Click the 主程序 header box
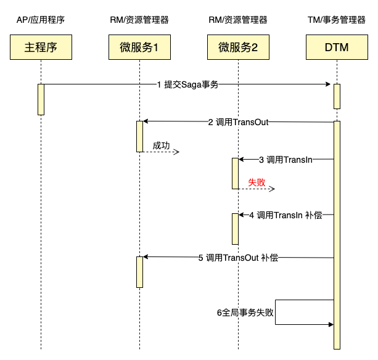[x=41, y=47]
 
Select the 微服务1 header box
[x=139, y=47]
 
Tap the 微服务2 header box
[x=238, y=47]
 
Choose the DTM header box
[x=337, y=47]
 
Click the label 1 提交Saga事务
[x=187, y=85]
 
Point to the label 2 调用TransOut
[x=238, y=122]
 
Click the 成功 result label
[x=162, y=146]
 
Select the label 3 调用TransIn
[x=286, y=160]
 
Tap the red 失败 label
[x=257, y=183]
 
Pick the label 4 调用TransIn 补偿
[x=286, y=215]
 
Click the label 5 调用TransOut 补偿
[x=238, y=258]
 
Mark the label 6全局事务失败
[x=245, y=313]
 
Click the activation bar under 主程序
[x=41, y=99]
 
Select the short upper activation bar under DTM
[x=337, y=96]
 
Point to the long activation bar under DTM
[x=337, y=234]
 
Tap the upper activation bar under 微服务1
[x=139, y=136]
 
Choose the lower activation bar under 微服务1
[x=139, y=272]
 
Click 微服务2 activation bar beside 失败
[x=235, y=173]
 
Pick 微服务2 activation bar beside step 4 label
[x=235, y=229]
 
